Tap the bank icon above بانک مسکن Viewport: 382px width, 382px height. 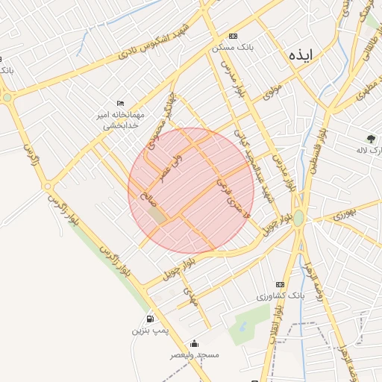pyautogui.click(x=234, y=36)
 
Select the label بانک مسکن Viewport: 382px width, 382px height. pyautogui.click(x=232, y=46)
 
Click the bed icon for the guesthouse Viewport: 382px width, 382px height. pyautogui.click(x=120, y=104)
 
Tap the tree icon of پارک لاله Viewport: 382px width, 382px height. pyautogui.click(x=371, y=138)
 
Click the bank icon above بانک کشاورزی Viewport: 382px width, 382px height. pyautogui.click(x=280, y=284)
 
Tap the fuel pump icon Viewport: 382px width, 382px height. pyautogui.click(x=150, y=319)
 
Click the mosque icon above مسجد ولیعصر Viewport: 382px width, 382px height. pyautogui.click(x=194, y=344)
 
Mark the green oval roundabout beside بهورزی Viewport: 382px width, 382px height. pyautogui.click(x=298, y=218)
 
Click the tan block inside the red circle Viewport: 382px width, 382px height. pyautogui.click(x=157, y=214)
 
